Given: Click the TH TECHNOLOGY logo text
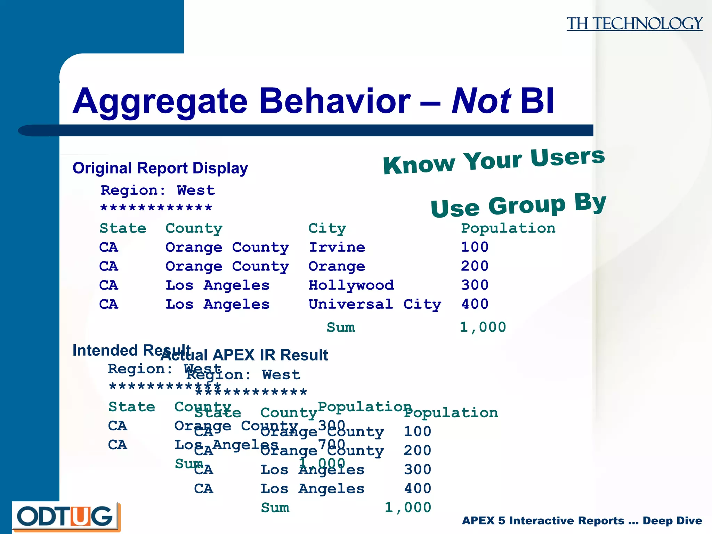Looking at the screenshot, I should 634,24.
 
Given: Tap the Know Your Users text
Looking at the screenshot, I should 494,161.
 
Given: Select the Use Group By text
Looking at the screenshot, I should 518,205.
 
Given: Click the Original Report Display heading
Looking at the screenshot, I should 160,168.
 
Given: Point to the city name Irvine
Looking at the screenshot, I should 337,247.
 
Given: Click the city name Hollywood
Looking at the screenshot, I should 351,285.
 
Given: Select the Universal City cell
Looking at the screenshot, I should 375,304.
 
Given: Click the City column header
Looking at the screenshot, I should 327,228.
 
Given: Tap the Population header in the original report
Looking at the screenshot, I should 508,228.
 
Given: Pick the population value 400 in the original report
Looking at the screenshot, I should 475,304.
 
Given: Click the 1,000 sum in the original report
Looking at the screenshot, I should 483,327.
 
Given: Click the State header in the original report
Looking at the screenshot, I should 123,228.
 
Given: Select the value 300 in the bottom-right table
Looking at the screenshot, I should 417,470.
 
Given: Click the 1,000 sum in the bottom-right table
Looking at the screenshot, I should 408,508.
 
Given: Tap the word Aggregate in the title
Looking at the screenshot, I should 160,102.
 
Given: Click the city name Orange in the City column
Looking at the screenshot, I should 337,266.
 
